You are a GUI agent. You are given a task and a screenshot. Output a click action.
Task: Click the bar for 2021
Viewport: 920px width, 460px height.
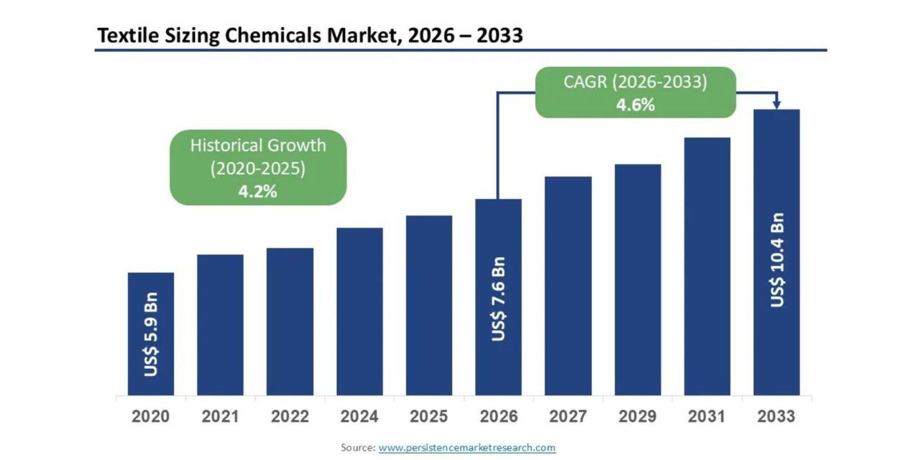[220, 325]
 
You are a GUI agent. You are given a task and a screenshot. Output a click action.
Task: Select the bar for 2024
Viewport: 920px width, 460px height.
[359, 311]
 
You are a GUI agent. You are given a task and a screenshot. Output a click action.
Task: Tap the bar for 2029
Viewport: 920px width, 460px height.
[638, 280]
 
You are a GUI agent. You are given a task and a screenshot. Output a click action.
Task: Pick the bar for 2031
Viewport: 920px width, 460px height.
[707, 266]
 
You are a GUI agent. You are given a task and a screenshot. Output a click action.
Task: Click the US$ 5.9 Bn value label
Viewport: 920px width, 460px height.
[151, 334]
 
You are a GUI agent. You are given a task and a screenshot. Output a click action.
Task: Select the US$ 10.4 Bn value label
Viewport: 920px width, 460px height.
[777, 260]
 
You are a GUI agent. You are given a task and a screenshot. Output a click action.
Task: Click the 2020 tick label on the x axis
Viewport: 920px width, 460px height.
[151, 417]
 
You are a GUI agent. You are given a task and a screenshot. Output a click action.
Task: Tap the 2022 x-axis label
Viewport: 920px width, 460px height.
[290, 417]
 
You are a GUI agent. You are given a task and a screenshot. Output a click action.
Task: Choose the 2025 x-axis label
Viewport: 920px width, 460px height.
[429, 417]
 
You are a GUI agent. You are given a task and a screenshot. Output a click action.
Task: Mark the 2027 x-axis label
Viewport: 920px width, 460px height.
[568, 417]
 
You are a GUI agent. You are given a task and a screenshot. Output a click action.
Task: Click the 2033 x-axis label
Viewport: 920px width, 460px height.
[777, 417]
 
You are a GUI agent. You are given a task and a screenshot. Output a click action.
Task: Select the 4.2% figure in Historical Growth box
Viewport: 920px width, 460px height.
[257, 192]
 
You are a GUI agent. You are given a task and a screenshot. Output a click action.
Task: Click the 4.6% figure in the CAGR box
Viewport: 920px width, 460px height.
[635, 105]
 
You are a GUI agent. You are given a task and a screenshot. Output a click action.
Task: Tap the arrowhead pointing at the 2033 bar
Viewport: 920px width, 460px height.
[777, 105]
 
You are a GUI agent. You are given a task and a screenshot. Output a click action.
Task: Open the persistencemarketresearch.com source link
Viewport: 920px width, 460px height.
[467, 448]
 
